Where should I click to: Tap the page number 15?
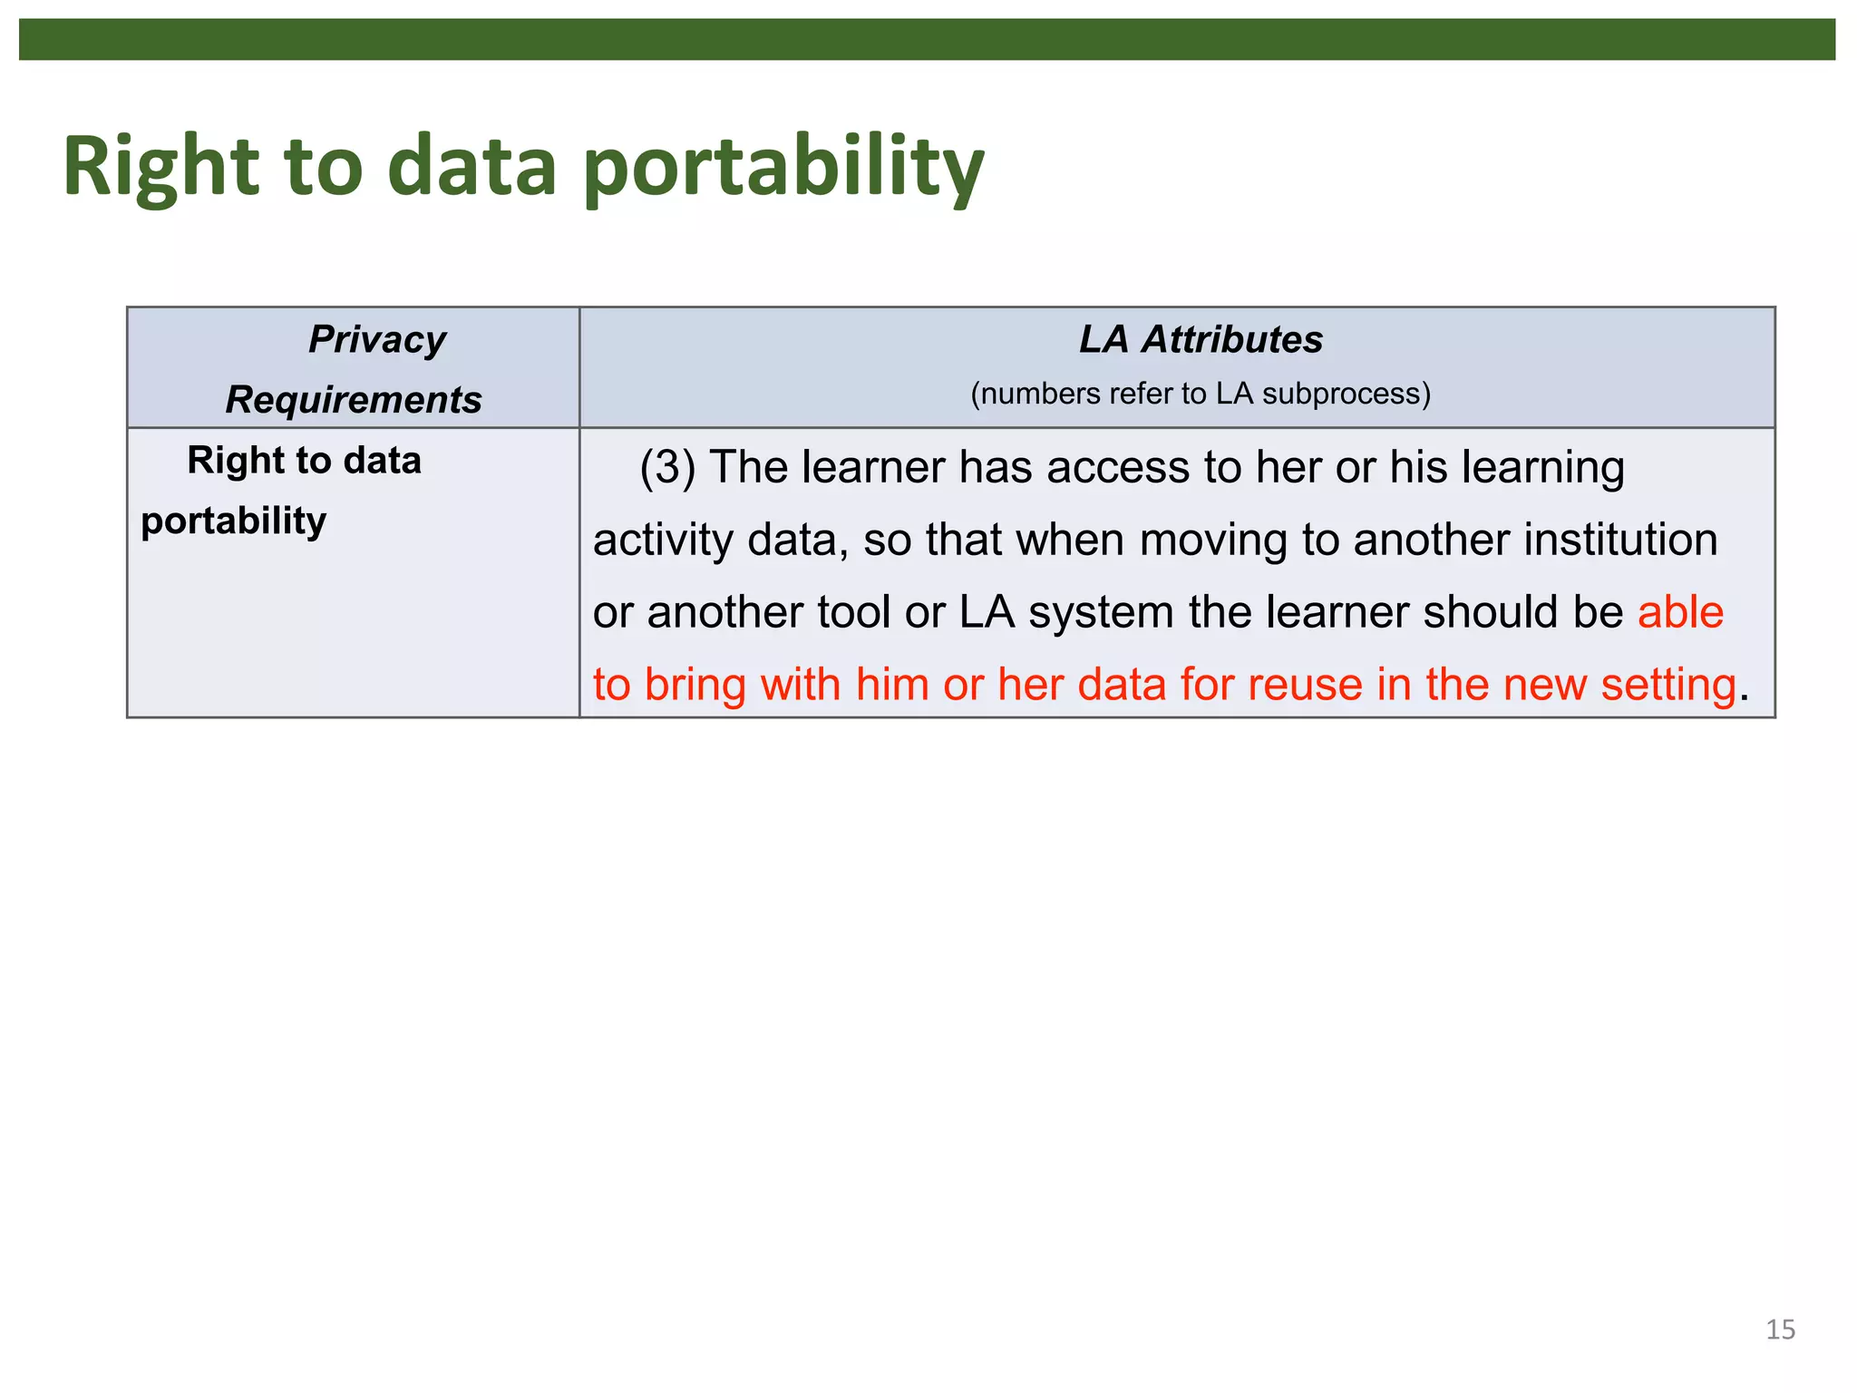pyautogui.click(x=1780, y=1330)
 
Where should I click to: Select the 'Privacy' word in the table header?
pyautogui.click(x=376, y=339)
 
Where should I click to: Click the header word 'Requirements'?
pyautogui.click(x=353, y=399)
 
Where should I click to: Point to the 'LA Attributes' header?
pyautogui.click(x=1200, y=339)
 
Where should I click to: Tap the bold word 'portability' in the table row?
pyautogui.click(x=233, y=521)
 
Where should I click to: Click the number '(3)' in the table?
pyautogui.click(x=667, y=467)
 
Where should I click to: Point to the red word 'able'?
pyautogui.click(x=1680, y=612)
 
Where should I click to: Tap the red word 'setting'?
pyautogui.click(x=1667, y=684)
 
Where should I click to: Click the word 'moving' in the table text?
pyautogui.click(x=1213, y=540)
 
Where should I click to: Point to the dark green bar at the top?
pyautogui.click(x=927, y=40)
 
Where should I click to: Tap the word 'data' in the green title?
pyautogui.click(x=472, y=169)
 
